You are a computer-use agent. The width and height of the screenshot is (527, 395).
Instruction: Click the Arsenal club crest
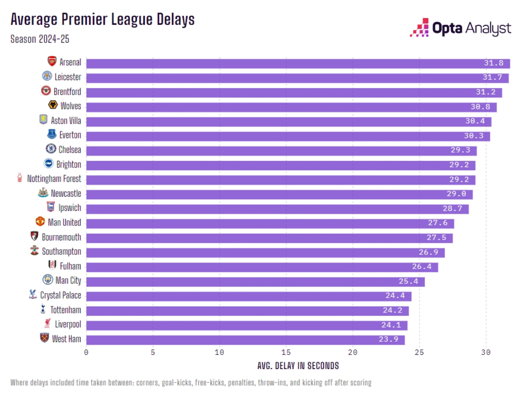(x=52, y=61)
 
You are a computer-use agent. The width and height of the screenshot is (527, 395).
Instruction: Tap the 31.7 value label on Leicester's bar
(x=492, y=78)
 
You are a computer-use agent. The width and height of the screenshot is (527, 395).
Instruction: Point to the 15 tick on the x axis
(x=286, y=352)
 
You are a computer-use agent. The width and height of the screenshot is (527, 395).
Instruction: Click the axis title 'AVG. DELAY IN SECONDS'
(x=298, y=366)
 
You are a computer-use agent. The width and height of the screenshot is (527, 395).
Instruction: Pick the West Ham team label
(x=66, y=339)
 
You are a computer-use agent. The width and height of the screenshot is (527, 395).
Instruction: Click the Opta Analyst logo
(x=460, y=28)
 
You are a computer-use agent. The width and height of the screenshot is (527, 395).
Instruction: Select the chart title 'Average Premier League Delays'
(x=103, y=19)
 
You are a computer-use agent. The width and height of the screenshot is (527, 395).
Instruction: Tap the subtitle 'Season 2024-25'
(x=40, y=39)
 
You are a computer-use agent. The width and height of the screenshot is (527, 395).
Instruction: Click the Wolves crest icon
(x=53, y=105)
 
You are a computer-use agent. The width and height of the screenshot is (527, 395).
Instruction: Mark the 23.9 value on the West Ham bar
(x=388, y=339)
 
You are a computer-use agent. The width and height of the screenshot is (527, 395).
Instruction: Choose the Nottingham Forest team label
(x=54, y=179)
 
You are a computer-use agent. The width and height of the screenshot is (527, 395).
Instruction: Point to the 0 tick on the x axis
(x=86, y=352)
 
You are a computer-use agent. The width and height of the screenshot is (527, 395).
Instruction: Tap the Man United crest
(x=40, y=221)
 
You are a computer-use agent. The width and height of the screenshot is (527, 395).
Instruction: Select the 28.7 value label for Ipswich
(x=452, y=209)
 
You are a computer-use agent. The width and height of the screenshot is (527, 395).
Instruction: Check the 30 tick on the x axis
(x=485, y=352)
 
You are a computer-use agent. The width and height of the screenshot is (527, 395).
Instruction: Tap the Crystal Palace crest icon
(x=33, y=294)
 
